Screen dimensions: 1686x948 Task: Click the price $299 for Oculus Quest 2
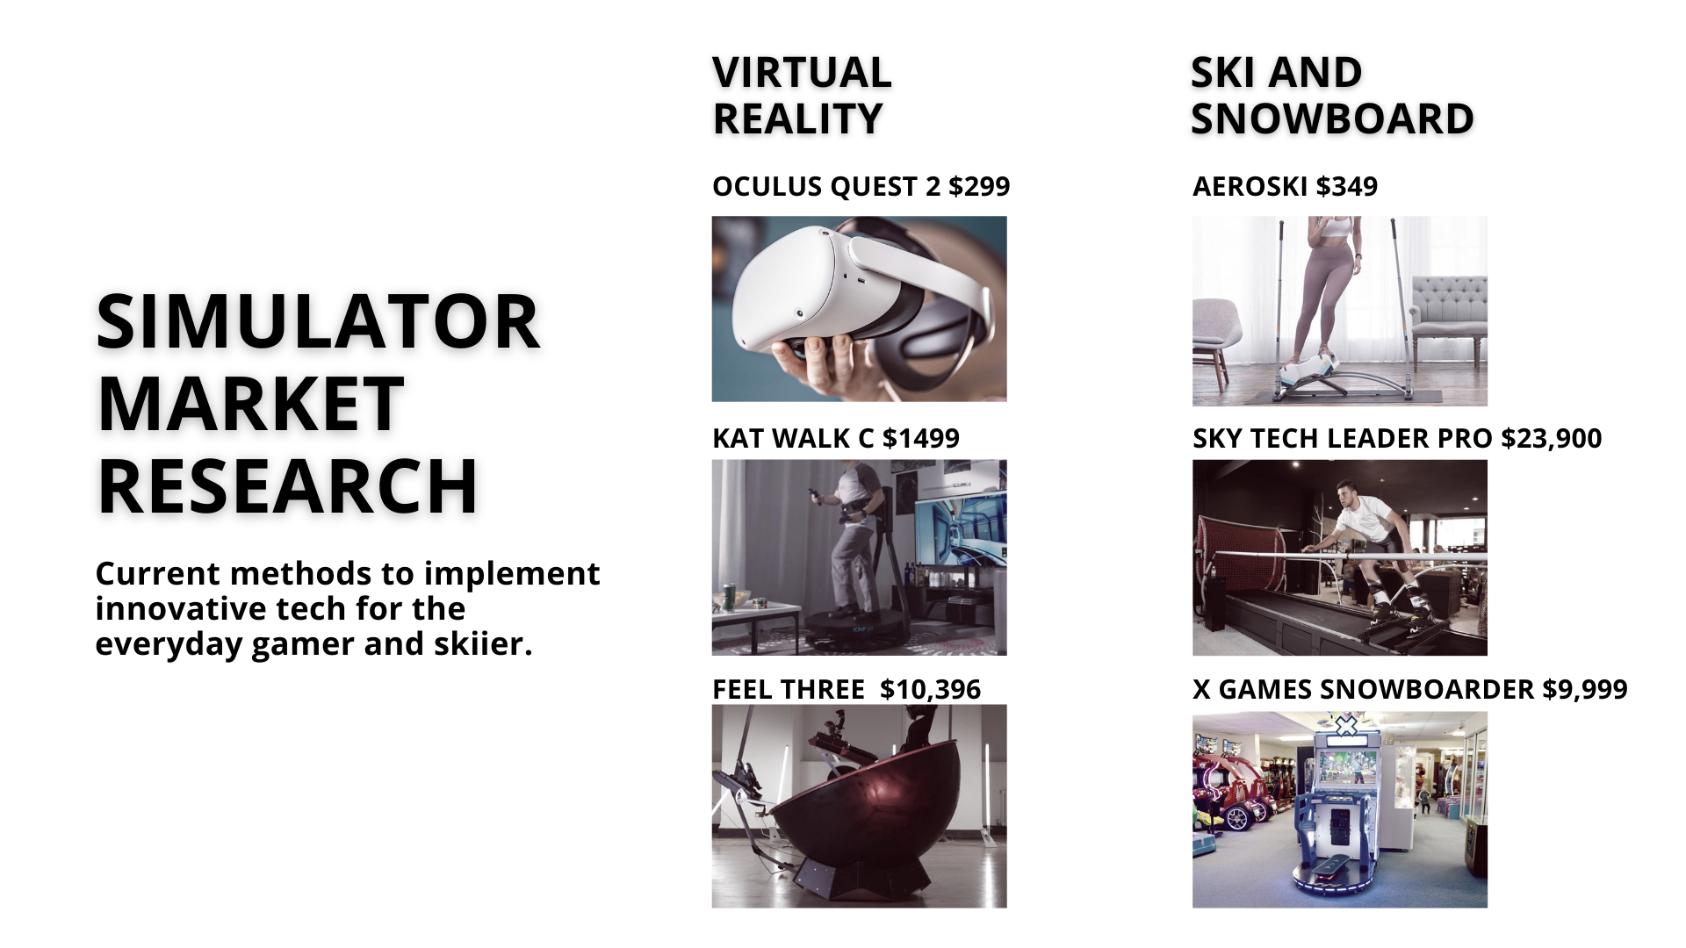pyautogui.click(x=979, y=187)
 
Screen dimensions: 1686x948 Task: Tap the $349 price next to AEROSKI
pyautogui.click(x=1347, y=187)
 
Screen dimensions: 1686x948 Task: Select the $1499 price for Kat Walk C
pyautogui.click(x=921, y=439)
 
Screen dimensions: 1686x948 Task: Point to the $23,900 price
pyautogui.click(x=1552, y=439)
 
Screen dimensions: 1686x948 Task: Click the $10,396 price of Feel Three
pyautogui.click(x=930, y=690)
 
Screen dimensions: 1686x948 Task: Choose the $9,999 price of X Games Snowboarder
pyautogui.click(x=1585, y=690)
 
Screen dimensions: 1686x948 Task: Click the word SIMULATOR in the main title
pyautogui.click(x=318, y=321)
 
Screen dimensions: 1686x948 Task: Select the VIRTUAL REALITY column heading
pyautogui.click(x=802, y=96)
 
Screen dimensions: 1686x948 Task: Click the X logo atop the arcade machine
pyautogui.click(x=1345, y=725)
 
